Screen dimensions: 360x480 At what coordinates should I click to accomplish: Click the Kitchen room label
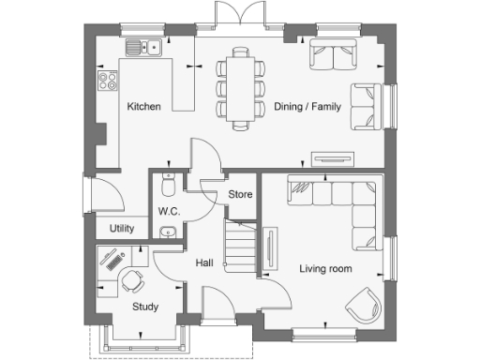pyautogui.click(x=143, y=107)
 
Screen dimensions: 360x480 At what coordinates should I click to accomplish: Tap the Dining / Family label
pyautogui.click(x=308, y=107)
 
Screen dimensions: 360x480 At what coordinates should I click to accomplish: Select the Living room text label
pyautogui.click(x=325, y=269)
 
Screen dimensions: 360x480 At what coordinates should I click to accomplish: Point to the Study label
pyautogui.click(x=144, y=307)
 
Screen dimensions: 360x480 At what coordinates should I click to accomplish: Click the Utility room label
pyautogui.click(x=122, y=228)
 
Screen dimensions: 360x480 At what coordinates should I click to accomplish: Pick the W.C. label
pyautogui.click(x=169, y=211)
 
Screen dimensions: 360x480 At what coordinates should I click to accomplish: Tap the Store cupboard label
pyautogui.click(x=241, y=195)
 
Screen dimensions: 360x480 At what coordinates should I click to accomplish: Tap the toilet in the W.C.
pyautogui.click(x=169, y=182)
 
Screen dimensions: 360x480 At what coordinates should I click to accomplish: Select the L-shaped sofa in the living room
pyautogui.click(x=342, y=202)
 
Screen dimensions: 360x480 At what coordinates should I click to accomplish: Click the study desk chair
pyautogui.click(x=133, y=279)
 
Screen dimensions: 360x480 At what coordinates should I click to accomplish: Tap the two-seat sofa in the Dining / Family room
pyautogui.click(x=332, y=55)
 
